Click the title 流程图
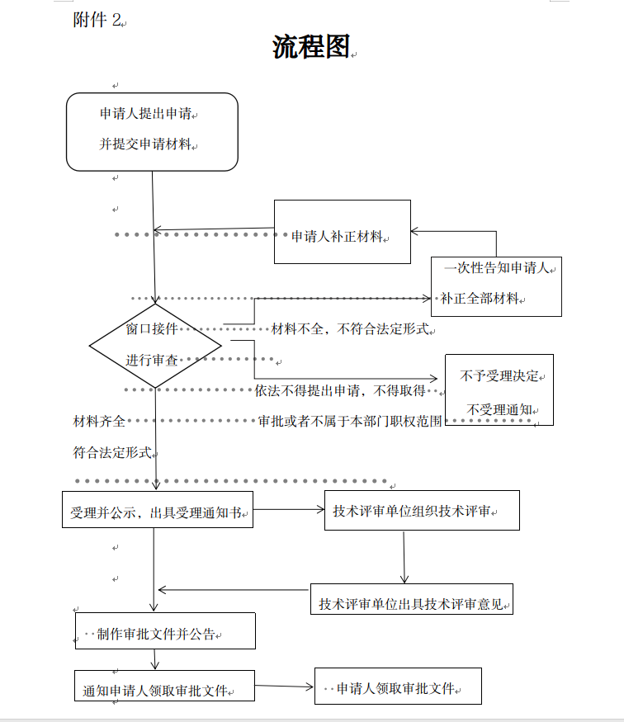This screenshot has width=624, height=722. click(311, 47)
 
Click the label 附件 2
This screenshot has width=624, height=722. click(97, 21)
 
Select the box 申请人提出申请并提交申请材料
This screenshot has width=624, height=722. click(152, 132)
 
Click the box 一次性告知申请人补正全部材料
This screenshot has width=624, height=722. click(496, 286)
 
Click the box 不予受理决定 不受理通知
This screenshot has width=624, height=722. click(499, 389)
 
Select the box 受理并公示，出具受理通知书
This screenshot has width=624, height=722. click(157, 509)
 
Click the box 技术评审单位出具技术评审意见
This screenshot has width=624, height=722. click(411, 600)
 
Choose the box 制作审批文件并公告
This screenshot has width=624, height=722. click(164, 631)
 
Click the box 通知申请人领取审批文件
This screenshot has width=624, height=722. click(164, 686)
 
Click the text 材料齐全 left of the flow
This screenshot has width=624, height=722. click(100, 421)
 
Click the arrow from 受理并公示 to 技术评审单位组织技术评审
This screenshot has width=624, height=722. click(290, 509)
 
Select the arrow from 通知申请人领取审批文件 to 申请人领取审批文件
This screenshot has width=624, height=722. click(284, 686)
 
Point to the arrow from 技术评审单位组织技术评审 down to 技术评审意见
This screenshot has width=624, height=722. click(404, 557)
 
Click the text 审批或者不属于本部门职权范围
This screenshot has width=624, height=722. click(350, 421)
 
